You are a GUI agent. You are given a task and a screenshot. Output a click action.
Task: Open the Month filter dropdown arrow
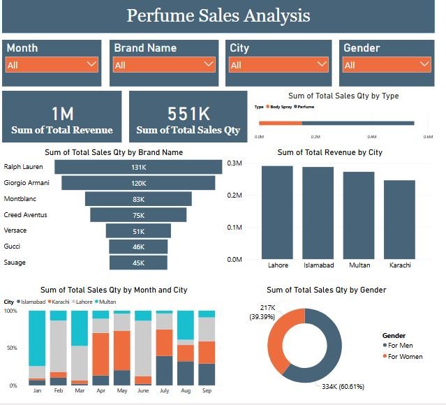coord(91,64)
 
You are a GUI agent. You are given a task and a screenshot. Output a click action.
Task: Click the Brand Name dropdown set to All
coord(163,64)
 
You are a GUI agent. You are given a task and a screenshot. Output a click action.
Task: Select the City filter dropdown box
coord(278,64)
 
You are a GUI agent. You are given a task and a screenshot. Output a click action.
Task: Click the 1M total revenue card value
coord(62,114)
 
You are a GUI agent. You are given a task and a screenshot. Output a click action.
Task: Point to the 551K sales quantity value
coord(188,114)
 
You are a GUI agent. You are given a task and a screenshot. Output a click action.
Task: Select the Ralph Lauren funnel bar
coord(137,167)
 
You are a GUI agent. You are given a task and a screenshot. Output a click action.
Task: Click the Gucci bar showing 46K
coord(138,246)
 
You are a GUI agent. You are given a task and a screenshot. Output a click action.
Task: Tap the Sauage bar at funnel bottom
coord(138,263)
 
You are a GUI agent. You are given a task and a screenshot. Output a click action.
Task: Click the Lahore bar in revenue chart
coord(278,213)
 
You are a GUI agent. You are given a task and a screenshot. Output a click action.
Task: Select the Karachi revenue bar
coord(399,220)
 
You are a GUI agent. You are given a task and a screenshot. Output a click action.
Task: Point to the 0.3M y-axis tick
coord(234,163)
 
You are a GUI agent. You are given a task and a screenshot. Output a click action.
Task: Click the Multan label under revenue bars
coord(359,265)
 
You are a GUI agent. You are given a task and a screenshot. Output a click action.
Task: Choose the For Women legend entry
coord(405,357)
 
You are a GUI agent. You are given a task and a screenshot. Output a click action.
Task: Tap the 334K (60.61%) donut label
coord(343,386)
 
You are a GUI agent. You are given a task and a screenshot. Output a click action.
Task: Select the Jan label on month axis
coord(37,392)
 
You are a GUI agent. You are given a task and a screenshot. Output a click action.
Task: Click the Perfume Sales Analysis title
coord(218,16)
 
